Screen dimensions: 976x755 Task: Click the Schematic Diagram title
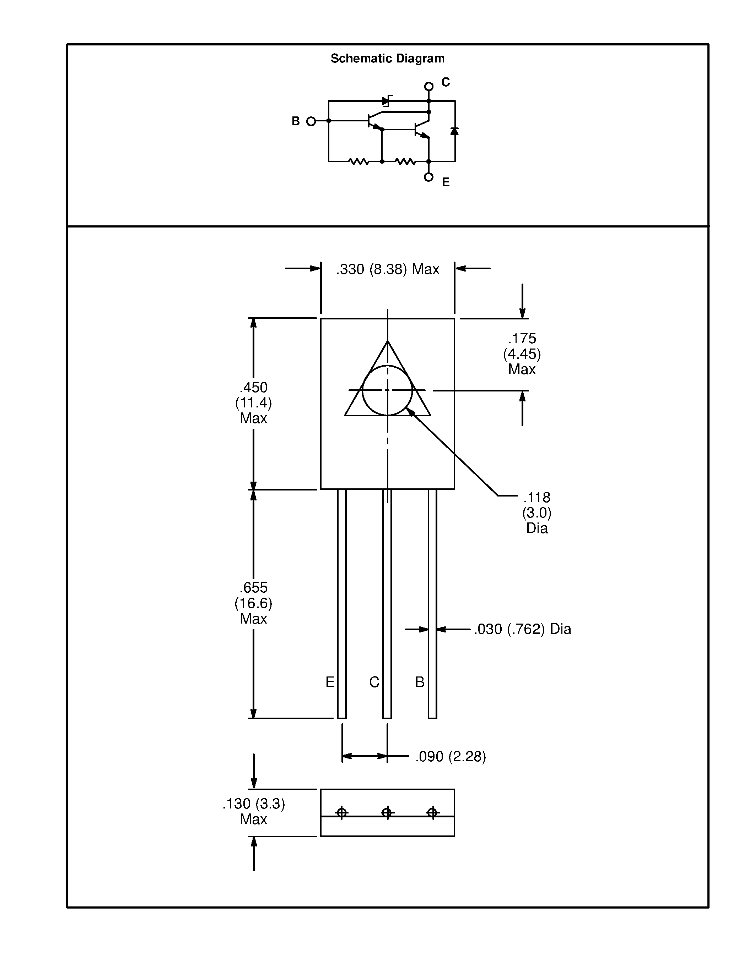[387, 59]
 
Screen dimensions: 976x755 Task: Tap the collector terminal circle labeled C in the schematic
[428, 86]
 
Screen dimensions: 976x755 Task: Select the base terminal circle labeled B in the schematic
[311, 121]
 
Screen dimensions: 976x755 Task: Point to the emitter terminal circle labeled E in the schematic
[428, 177]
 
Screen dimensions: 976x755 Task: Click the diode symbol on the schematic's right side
[454, 131]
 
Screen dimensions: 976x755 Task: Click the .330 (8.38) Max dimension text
[387, 269]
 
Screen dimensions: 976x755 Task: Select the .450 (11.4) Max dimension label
[253, 403]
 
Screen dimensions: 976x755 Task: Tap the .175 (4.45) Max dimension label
[522, 353]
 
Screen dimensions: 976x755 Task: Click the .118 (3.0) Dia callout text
[537, 512]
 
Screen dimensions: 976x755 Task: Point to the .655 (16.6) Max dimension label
[253, 603]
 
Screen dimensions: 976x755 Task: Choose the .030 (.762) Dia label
[522, 629]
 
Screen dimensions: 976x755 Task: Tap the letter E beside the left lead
[330, 682]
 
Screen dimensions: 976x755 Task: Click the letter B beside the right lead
[420, 682]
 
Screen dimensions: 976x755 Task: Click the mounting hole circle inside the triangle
[387, 390]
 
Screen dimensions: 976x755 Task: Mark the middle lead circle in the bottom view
[387, 812]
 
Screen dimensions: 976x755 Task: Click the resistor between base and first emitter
[359, 161]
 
